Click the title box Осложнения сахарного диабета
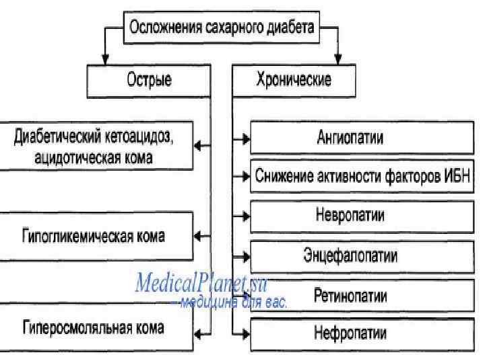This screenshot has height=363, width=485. tap(222, 29)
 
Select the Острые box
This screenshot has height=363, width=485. tap(149, 81)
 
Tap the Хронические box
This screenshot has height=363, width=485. tap(293, 81)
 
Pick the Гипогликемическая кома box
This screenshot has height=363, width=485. tap(94, 237)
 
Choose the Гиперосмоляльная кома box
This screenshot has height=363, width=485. tap(94, 329)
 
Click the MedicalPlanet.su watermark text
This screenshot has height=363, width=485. tap(201, 283)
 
